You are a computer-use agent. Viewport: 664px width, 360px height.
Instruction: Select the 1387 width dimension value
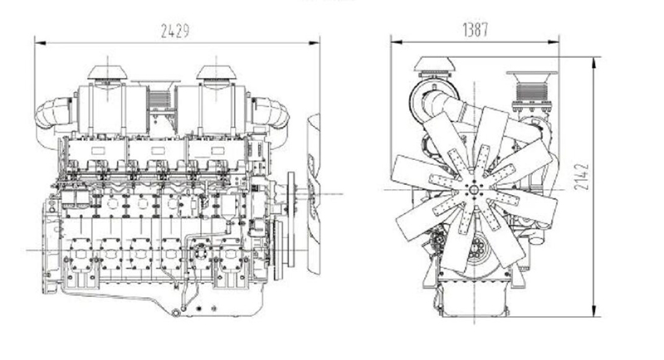click(475, 29)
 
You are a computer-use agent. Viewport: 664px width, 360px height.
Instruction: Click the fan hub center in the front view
click(473, 190)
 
